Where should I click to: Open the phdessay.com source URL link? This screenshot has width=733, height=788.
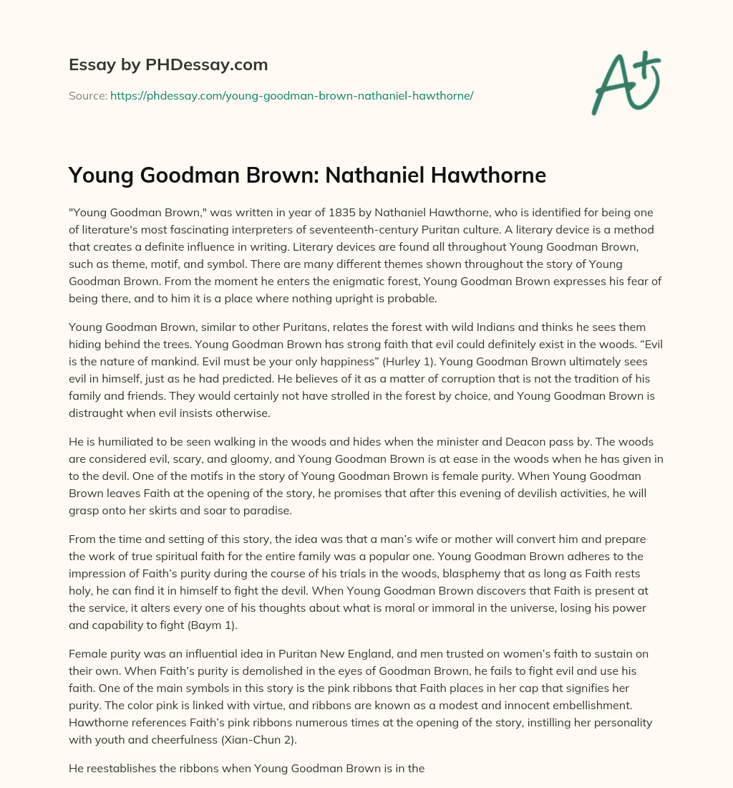tap(291, 95)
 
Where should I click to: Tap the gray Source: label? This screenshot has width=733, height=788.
tap(87, 95)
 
